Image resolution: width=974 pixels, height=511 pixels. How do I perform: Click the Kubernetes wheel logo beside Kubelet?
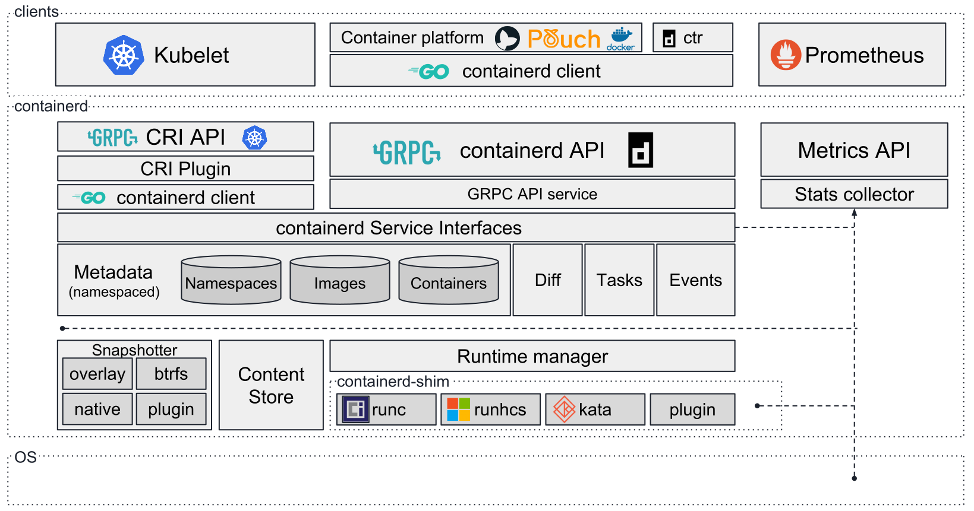(x=124, y=55)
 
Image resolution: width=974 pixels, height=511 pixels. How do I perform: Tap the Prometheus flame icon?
(x=786, y=55)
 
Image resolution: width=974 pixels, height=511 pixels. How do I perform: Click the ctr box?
(x=692, y=38)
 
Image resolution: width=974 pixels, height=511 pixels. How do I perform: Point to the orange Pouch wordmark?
(x=563, y=39)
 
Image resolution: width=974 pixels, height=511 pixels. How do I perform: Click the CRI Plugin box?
(x=185, y=169)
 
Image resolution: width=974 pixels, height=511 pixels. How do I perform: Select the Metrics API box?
(x=854, y=150)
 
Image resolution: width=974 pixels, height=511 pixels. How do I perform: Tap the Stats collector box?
(x=854, y=194)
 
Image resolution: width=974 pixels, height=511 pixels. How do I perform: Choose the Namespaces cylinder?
(x=231, y=280)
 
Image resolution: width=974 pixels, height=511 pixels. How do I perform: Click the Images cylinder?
(x=340, y=280)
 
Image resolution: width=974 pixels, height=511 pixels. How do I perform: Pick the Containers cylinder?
(x=449, y=280)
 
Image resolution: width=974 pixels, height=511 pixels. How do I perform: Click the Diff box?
(x=547, y=280)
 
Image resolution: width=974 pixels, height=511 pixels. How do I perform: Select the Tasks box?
(x=619, y=280)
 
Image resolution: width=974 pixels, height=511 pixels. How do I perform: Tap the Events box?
(x=695, y=280)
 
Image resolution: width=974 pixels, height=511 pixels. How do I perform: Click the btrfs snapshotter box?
(x=171, y=374)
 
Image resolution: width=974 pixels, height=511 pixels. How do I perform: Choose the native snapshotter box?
(x=97, y=409)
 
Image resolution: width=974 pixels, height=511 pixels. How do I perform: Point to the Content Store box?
(x=271, y=385)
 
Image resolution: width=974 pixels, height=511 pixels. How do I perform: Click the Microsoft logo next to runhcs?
(x=458, y=410)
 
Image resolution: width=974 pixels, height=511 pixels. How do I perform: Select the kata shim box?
(x=595, y=410)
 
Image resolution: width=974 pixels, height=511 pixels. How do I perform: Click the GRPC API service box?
(x=532, y=194)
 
